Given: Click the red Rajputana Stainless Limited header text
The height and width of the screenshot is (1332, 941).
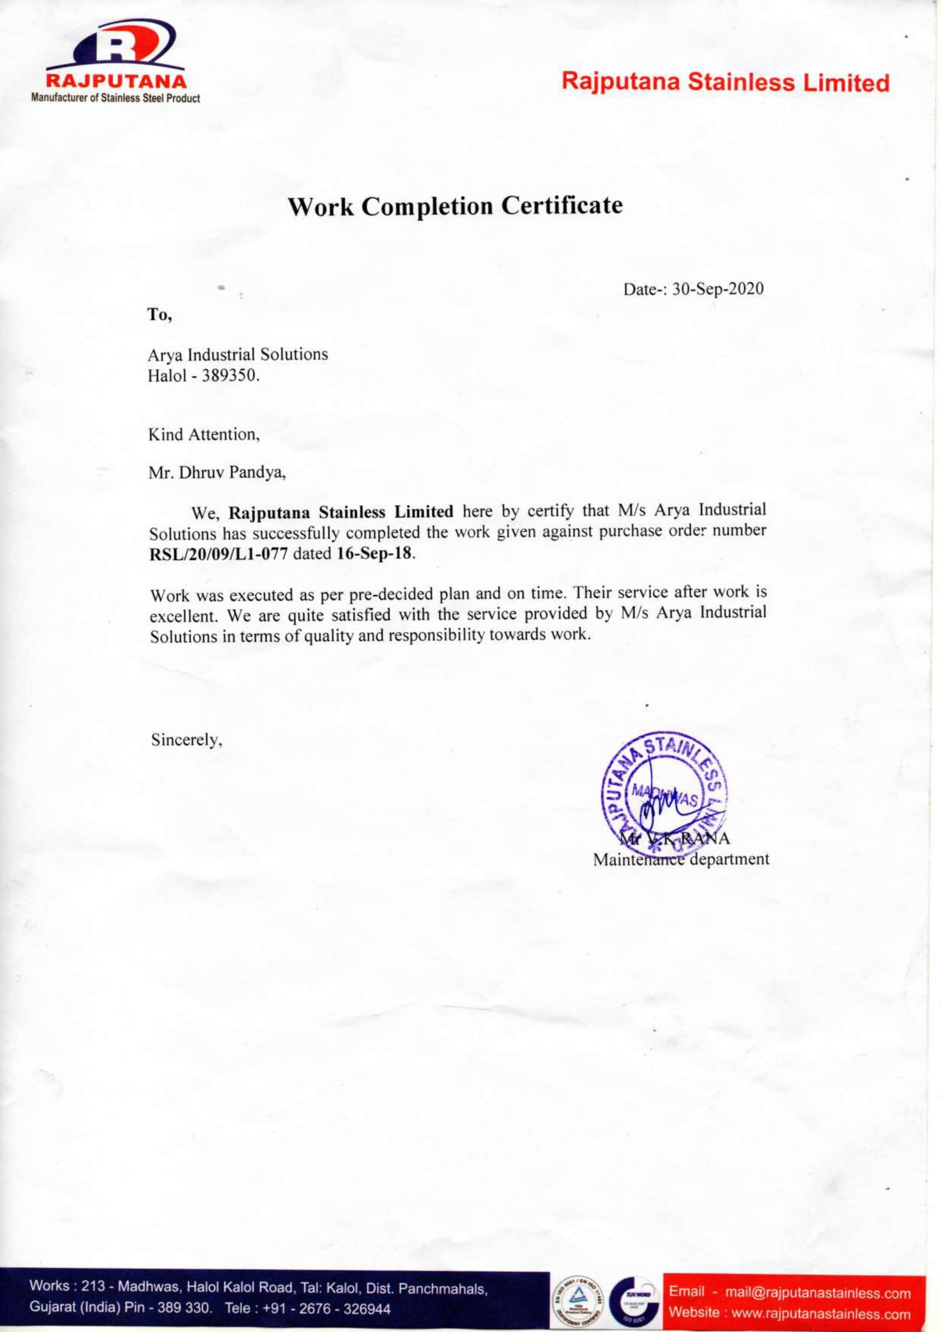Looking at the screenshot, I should (x=725, y=82).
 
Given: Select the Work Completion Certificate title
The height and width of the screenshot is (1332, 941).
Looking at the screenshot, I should (x=456, y=206).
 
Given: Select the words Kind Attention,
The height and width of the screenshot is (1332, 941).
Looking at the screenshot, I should (x=203, y=434).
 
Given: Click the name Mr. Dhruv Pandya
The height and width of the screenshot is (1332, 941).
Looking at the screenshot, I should (x=217, y=472).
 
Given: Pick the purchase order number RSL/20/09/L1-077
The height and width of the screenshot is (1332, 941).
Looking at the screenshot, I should (x=218, y=553).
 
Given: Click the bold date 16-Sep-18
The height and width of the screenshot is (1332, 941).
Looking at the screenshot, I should (x=375, y=552).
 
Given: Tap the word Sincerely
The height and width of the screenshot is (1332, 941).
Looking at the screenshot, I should (x=186, y=740).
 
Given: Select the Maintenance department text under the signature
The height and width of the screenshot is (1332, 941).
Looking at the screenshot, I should (x=680, y=859).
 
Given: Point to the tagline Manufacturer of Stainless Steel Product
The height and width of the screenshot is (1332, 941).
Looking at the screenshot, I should (x=116, y=99).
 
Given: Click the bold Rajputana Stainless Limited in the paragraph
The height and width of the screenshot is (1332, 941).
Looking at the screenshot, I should (x=341, y=513).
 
